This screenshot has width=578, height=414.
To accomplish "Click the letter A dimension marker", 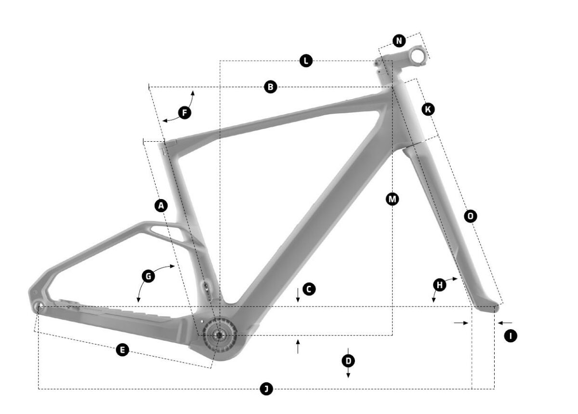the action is tap(161, 206).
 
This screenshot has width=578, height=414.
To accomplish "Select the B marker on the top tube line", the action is tap(270, 87).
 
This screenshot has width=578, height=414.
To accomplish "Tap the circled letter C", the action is tap(309, 289).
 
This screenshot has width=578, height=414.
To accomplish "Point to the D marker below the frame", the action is tap(348, 361).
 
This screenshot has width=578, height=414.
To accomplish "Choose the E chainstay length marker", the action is tap(122, 350).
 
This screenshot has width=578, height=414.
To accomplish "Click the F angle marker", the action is tap(185, 113).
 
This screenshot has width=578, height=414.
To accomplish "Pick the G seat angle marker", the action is tap(148, 276).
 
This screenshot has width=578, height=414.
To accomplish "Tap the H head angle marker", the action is tap(440, 285).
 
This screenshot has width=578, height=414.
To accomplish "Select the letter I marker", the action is tap(511, 336).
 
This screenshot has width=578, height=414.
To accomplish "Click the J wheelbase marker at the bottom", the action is tap(266, 388).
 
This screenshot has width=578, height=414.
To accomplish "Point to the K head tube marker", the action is tap(428, 109).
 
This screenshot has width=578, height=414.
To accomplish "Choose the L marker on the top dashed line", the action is tap(306, 61).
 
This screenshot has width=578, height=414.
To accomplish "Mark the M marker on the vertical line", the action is tap(392, 199).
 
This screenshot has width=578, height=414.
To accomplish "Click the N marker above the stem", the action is tap(399, 41).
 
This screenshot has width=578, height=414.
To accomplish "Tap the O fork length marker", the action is tap(471, 216).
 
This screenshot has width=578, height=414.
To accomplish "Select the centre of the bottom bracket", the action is tap(219, 335).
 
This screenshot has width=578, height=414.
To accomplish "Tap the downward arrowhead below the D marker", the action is tap(348, 375).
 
